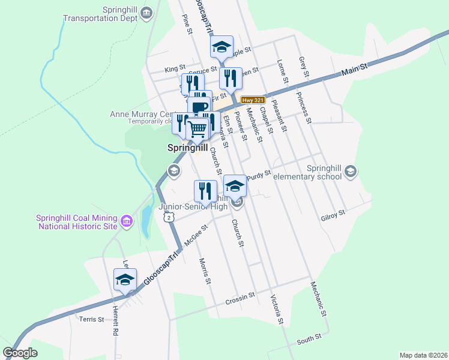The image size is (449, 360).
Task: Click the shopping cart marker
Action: (197, 127)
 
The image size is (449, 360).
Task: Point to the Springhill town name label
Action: (187, 146)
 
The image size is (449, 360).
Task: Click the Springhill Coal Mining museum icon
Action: (127, 221)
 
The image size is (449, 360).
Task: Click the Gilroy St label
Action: (333, 213)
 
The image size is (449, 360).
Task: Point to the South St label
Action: (310, 340)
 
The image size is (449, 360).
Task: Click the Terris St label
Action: (92, 319)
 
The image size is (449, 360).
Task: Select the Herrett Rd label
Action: (115, 330)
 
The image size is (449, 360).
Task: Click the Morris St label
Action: (205, 271)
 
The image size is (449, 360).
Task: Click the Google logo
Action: (20, 352)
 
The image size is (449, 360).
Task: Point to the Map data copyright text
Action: (423, 355)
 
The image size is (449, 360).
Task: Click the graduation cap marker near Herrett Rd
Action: (125, 280)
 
